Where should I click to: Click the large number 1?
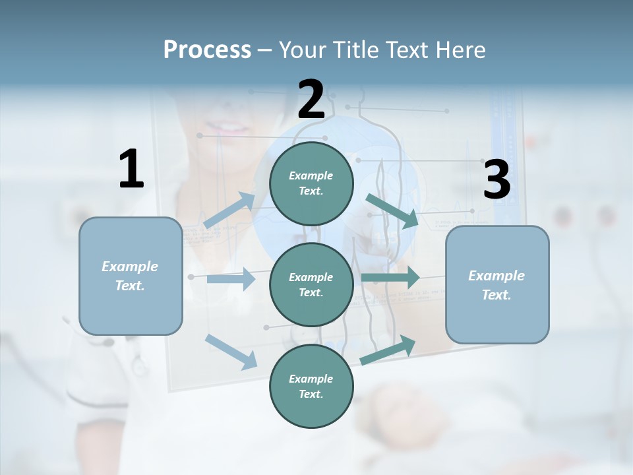[x=131, y=170]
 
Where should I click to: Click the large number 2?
[x=311, y=100]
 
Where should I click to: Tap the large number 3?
[x=497, y=180]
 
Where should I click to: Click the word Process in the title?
[x=207, y=49]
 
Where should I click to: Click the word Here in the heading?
[x=459, y=49]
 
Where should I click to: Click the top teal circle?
[x=311, y=183]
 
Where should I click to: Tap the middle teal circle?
[x=311, y=284]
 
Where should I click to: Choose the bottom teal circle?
[x=311, y=386]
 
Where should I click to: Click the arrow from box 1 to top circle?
[x=229, y=210]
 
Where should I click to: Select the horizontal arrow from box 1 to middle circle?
[x=231, y=279]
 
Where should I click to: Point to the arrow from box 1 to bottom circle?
[x=231, y=352]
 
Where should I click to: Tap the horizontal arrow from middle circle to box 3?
[x=390, y=278]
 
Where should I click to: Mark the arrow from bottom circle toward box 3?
[x=388, y=350]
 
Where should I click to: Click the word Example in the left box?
[x=130, y=266]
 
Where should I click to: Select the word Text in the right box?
[x=495, y=295]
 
